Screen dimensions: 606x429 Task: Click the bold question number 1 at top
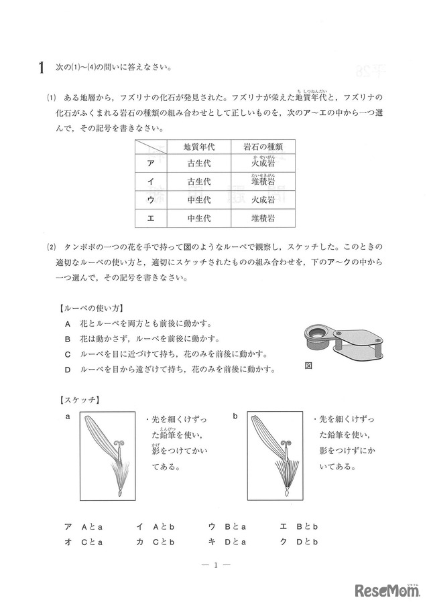(42, 68)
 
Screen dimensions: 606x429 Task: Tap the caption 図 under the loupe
(309, 366)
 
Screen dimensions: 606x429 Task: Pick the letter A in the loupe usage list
(68, 323)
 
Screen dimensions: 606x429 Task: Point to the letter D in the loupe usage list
(68, 370)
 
